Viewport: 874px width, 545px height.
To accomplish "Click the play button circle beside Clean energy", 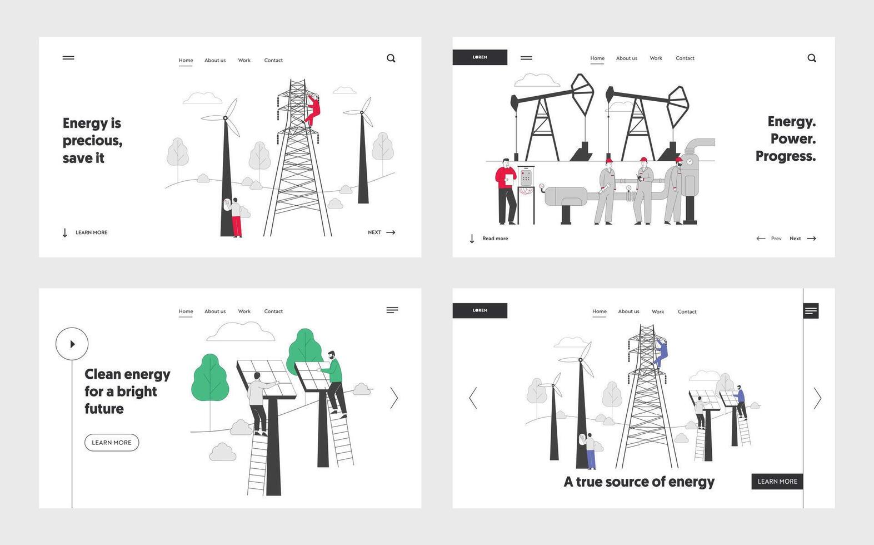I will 72,344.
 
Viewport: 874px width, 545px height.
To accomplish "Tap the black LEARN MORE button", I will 777,482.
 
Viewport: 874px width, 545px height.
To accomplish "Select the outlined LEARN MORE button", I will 112,443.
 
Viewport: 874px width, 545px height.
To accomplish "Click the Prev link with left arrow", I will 769,239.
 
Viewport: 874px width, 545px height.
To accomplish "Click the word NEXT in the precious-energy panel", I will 374,232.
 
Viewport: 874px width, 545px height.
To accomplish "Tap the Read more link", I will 495,239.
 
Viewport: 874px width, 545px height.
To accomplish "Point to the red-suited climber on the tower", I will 313,110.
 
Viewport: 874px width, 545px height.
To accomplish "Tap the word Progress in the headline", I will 785,156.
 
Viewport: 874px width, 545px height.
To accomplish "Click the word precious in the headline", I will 92,141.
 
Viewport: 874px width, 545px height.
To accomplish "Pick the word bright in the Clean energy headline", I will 137,392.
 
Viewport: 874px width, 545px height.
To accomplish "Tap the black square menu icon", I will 811,311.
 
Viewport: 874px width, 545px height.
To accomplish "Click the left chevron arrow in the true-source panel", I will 473,398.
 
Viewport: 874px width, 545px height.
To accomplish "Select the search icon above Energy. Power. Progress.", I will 812,58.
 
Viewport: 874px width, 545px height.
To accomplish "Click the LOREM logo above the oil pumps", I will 480,57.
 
